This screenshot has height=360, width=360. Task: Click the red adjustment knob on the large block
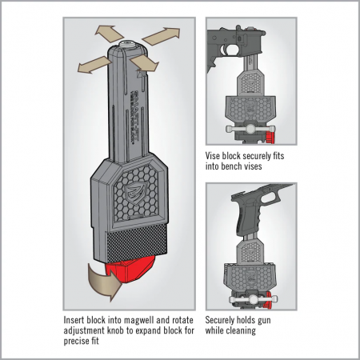pyautogui.click(x=130, y=270)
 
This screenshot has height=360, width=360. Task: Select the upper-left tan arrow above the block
pyautogui.click(x=110, y=34)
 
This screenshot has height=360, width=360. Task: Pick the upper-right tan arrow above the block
pyautogui.click(x=162, y=36)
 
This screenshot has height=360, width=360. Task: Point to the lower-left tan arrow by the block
pyautogui.click(x=94, y=65)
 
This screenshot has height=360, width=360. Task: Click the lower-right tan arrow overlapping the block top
pyautogui.click(x=145, y=63)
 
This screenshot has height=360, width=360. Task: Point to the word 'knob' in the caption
pyautogui.click(x=114, y=330)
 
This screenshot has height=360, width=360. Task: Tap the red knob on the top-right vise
pyautogui.click(x=270, y=136)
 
